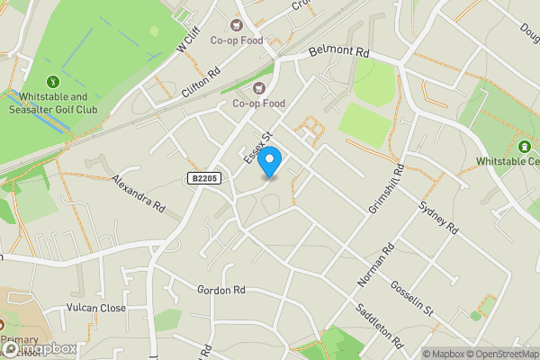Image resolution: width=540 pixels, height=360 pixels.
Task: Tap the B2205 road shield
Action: coord(205,179)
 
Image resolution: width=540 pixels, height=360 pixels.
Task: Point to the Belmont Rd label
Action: coord(339,53)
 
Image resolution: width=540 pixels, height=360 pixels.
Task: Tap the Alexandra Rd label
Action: coord(138,193)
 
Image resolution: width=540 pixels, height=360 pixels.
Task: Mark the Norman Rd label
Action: coord(376,265)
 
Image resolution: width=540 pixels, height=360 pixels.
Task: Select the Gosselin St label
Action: coord(412,298)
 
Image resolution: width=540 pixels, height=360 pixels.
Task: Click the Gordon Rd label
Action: coord(221,290)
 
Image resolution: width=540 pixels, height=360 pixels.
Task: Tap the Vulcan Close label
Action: coord(95,308)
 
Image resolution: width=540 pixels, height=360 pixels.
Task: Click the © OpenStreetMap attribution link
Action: coord(501,354)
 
